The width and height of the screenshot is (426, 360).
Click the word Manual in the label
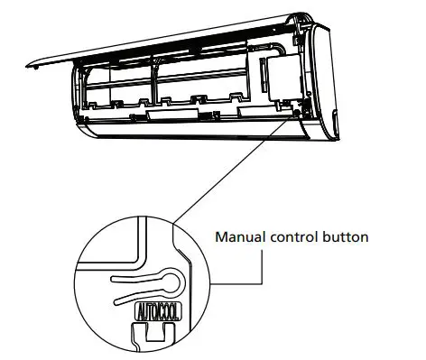[236, 238]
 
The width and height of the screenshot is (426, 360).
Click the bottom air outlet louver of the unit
[199, 135]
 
